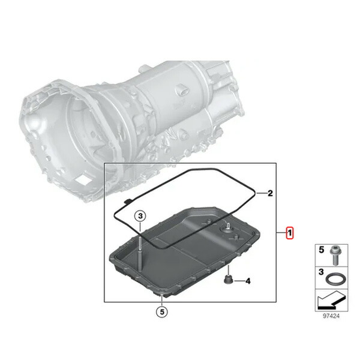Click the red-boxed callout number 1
coord(289,233)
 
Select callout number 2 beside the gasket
coord(270,193)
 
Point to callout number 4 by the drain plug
coord(247,281)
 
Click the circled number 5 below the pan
coord(161,311)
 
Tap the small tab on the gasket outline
coord(127,200)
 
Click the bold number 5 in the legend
coord(320,249)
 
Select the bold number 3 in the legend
coord(320,272)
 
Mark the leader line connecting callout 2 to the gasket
coord(259,193)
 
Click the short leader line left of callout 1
coord(280,233)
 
